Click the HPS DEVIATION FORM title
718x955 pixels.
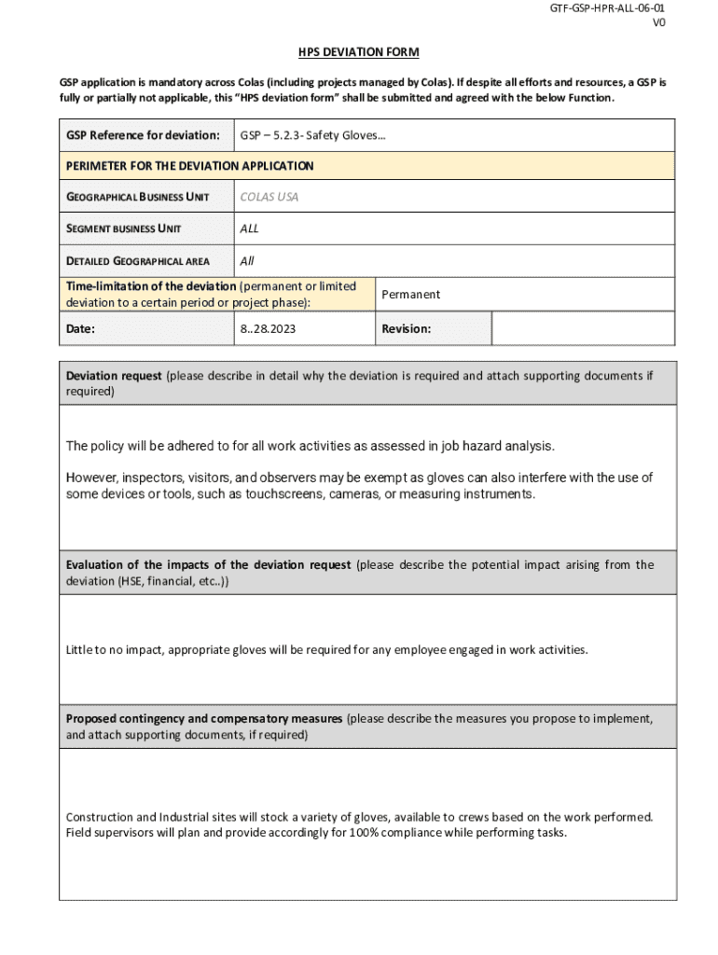tap(359, 52)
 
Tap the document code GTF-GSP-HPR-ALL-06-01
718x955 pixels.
tap(607, 8)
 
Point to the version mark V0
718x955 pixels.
tap(658, 23)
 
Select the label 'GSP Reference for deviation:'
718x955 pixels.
tap(143, 135)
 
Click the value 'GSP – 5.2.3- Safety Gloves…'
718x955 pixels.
tap(312, 135)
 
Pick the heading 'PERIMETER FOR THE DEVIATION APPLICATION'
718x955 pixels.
tap(189, 166)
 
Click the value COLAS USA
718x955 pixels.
tap(269, 197)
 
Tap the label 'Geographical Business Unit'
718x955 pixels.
tap(137, 197)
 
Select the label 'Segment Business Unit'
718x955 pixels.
tap(123, 228)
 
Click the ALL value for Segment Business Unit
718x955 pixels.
tap(249, 228)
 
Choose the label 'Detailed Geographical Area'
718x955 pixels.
tap(137, 261)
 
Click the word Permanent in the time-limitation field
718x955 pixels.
tap(410, 295)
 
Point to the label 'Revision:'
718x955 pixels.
tap(406, 329)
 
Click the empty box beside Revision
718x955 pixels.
tap(583, 328)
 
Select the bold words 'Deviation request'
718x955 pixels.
tap(114, 376)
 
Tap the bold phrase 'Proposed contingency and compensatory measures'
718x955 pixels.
tap(204, 719)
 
